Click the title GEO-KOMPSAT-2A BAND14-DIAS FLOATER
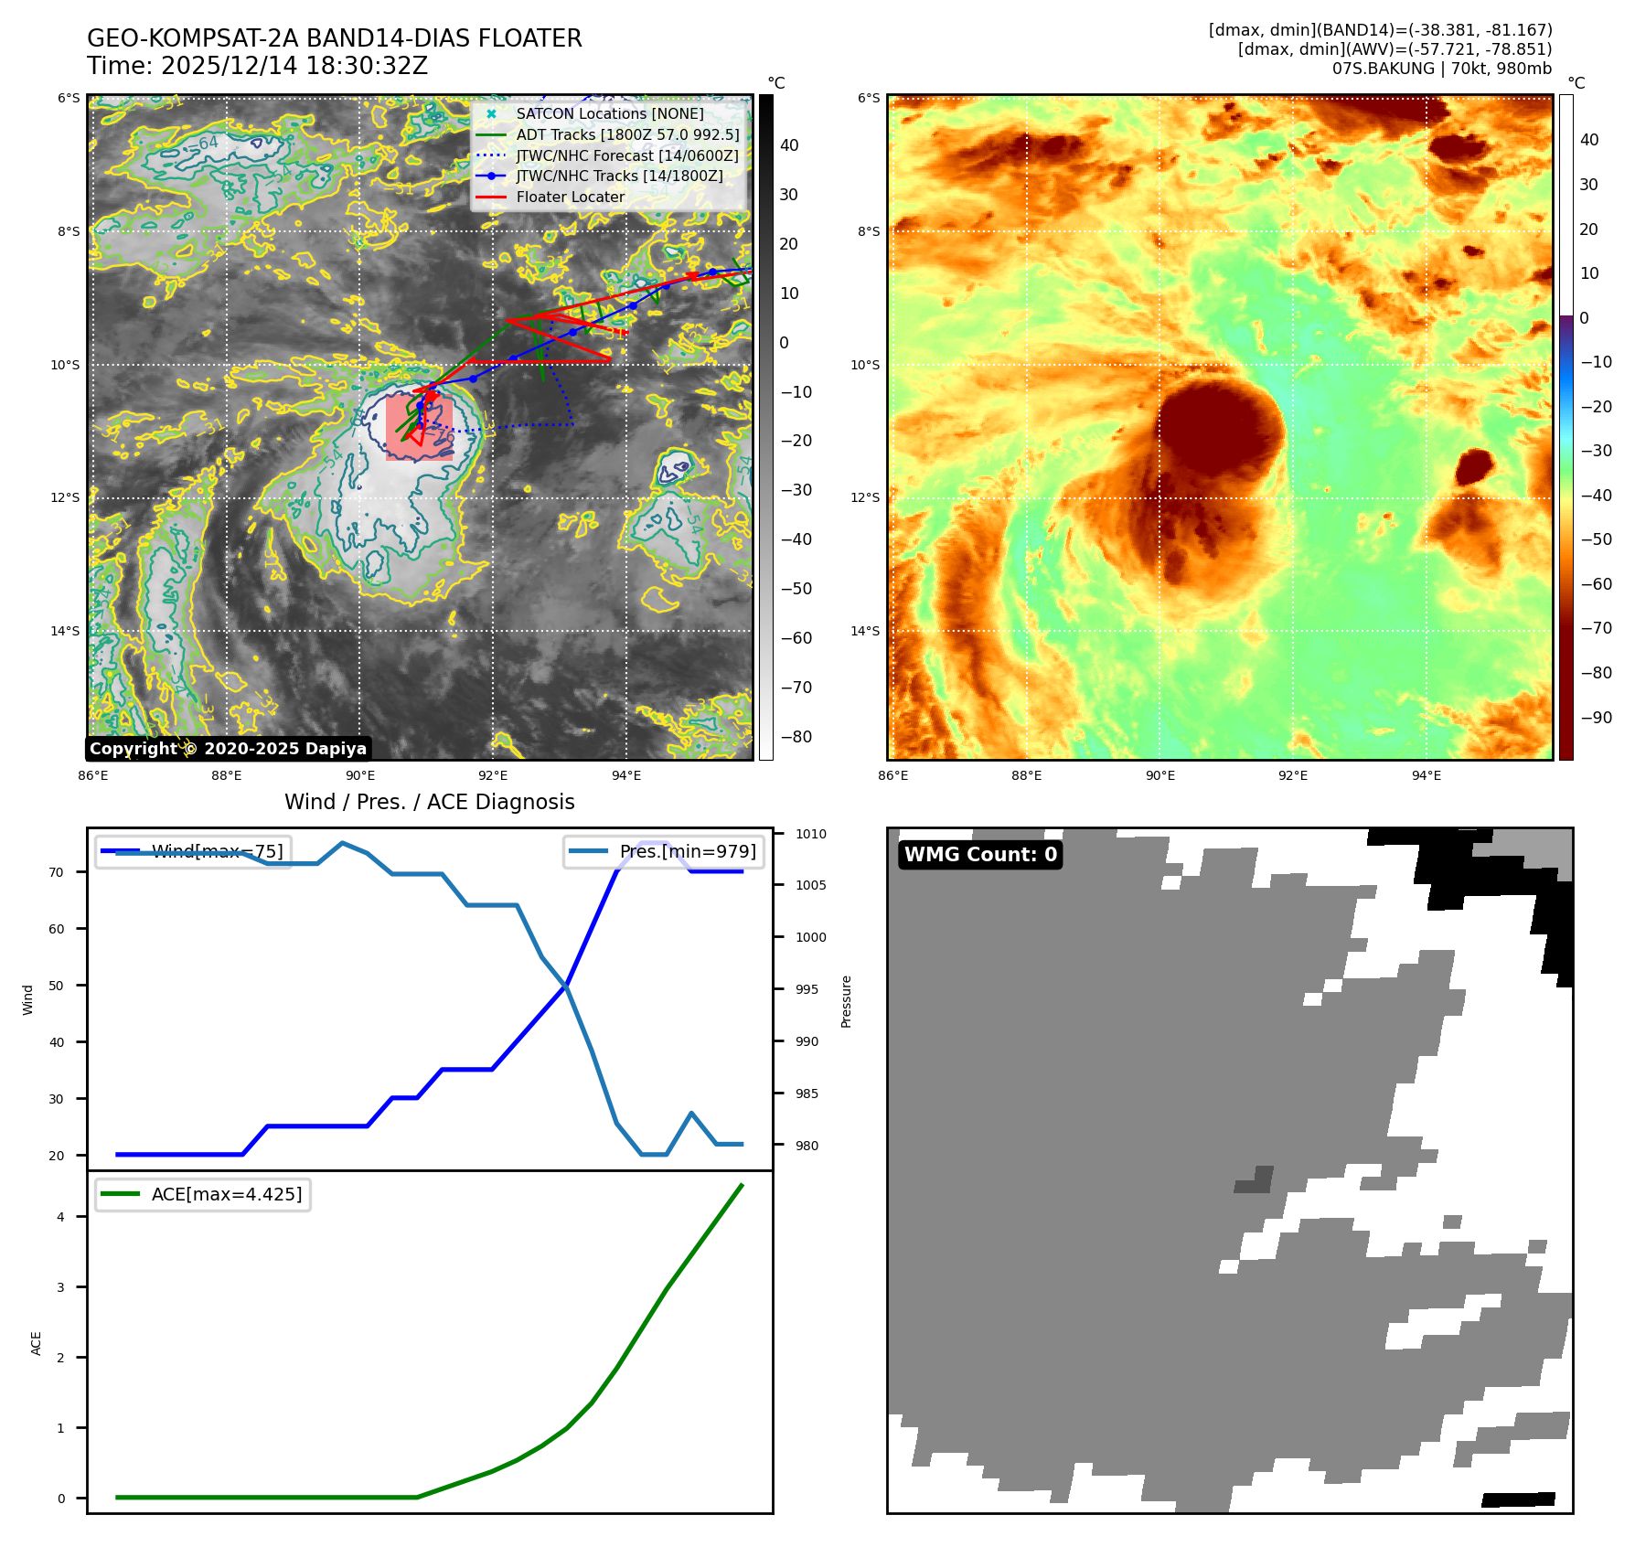334,38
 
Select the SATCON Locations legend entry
609,113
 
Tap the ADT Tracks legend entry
627,134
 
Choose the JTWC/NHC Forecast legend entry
626,155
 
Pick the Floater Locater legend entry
570,197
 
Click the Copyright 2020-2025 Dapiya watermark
228,749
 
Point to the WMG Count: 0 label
980,854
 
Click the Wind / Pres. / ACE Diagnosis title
429,802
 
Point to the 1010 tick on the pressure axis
810,834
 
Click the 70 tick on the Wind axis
57,872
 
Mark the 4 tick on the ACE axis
61,1217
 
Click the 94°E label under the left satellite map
626,775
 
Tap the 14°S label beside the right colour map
865,631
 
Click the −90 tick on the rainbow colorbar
1596,718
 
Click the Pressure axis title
846,1001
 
